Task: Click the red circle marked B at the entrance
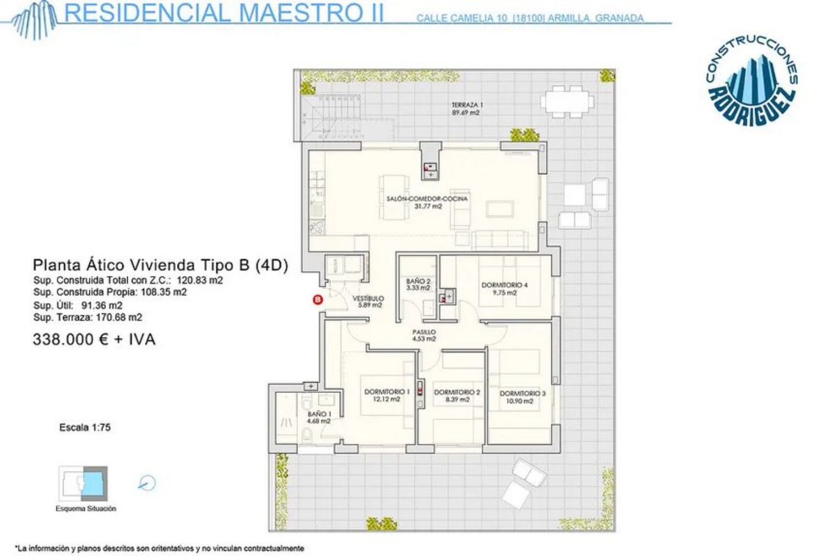tap(318, 300)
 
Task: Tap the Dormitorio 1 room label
tap(387, 395)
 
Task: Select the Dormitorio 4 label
tap(505, 289)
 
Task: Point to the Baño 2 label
tap(418, 285)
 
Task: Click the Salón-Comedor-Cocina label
tap(427, 203)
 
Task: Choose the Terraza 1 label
tap(465, 109)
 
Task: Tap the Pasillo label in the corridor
tap(424, 335)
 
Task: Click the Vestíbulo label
tap(368, 302)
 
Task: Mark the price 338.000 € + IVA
tap(94, 339)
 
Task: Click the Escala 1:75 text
tap(85, 427)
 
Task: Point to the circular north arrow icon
tap(147, 483)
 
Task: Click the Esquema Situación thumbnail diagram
tap(83, 483)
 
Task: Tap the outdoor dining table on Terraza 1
tap(567, 101)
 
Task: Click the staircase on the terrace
tap(333, 117)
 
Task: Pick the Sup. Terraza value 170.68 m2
tap(119, 317)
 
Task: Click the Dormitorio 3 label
tap(523, 397)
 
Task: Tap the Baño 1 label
tap(319, 417)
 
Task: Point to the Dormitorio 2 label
tap(457, 395)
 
